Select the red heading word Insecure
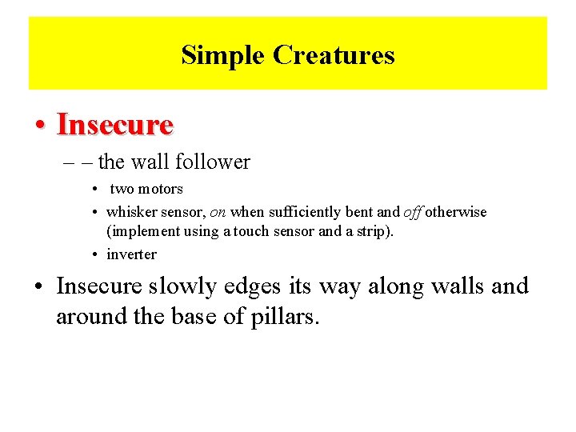[x=115, y=125]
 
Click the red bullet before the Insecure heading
[x=39, y=126]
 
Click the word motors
[x=161, y=190]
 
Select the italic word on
[x=217, y=212]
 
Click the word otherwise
[x=456, y=212]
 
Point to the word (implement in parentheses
[x=138, y=232]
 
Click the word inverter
[x=131, y=254]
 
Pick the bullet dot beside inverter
[x=95, y=254]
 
